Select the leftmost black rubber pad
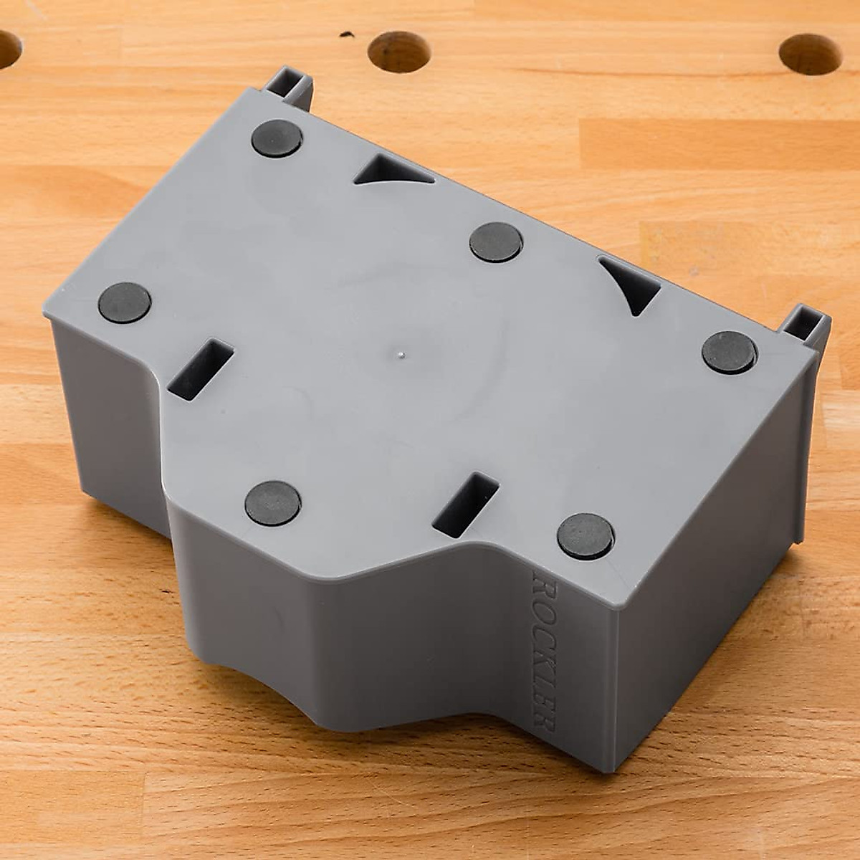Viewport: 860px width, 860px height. point(125,302)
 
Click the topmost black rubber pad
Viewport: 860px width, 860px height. point(277,138)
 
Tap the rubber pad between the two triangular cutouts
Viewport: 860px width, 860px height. point(496,242)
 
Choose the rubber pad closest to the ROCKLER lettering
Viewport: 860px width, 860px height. point(586,535)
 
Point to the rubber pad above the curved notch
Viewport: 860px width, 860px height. point(272,502)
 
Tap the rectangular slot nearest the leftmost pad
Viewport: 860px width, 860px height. point(201,369)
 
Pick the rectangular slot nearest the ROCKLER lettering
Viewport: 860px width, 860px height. point(466,505)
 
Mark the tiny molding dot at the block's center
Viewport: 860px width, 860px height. point(402,353)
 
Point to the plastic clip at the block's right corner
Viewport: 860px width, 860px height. point(806,327)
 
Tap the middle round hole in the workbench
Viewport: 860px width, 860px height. point(398,52)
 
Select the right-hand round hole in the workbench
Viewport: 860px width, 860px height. point(810,54)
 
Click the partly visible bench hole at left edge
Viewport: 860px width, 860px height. point(9,49)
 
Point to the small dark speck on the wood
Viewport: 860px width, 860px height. point(348,34)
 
